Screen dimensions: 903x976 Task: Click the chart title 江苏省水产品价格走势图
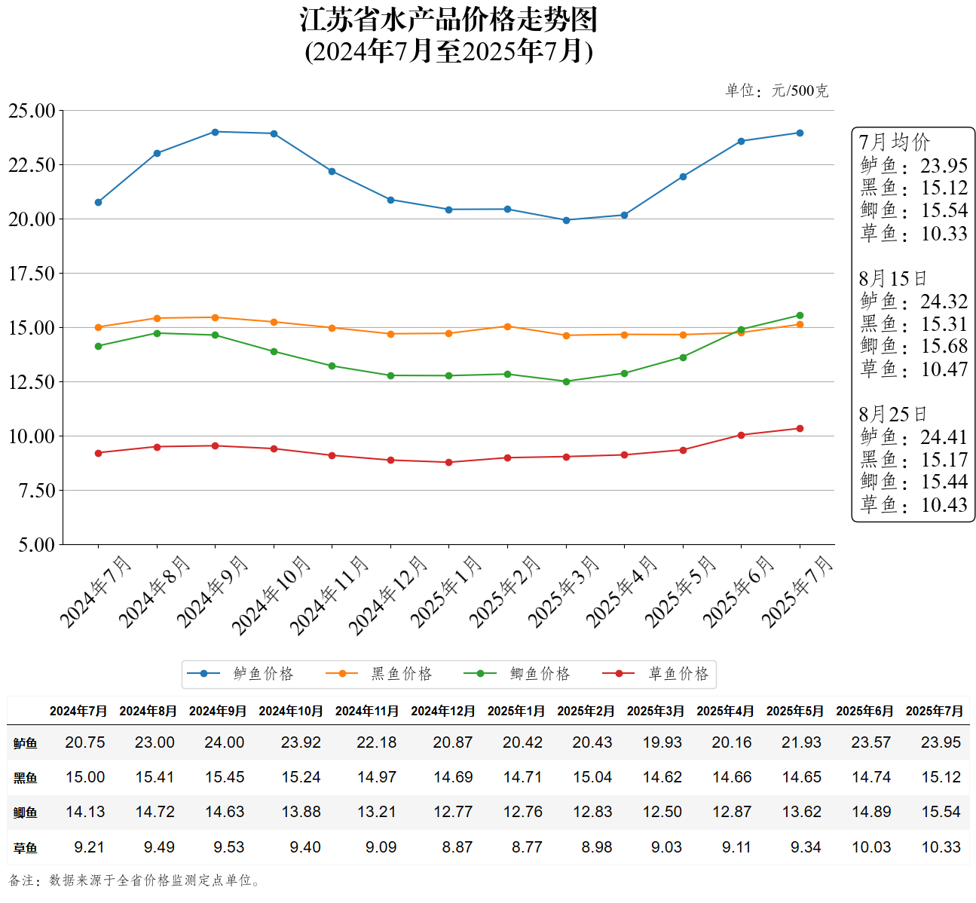coord(448,20)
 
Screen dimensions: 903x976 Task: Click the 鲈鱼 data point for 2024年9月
coord(215,132)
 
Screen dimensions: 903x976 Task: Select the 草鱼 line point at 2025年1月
coord(449,462)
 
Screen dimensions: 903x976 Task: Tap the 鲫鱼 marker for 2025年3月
coord(566,381)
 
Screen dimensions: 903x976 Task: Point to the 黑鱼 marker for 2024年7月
coord(98,327)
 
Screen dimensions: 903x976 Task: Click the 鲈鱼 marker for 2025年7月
coord(800,133)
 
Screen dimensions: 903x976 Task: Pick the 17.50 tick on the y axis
coord(32,274)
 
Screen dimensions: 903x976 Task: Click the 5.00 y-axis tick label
coord(36,545)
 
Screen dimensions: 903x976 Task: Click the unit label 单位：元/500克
coord(776,91)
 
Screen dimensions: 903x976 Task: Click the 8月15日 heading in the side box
coord(892,278)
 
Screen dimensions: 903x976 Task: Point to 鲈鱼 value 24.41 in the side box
coord(944,437)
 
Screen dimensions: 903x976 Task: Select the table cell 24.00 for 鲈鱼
coord(225,742)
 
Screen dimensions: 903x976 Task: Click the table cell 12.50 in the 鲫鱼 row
coord(662,812)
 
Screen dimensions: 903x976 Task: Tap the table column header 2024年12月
coord(442,711)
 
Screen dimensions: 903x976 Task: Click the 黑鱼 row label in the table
coord(25,778)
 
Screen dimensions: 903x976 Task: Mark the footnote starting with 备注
coord(136,880)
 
